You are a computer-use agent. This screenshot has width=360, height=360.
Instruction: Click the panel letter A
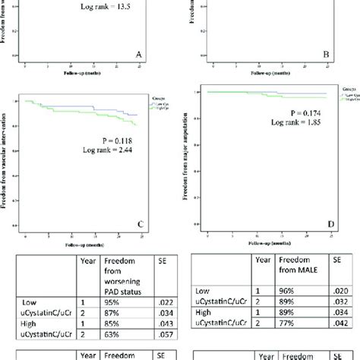point(138,55)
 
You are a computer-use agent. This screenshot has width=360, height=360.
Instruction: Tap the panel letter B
point(326,55)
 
